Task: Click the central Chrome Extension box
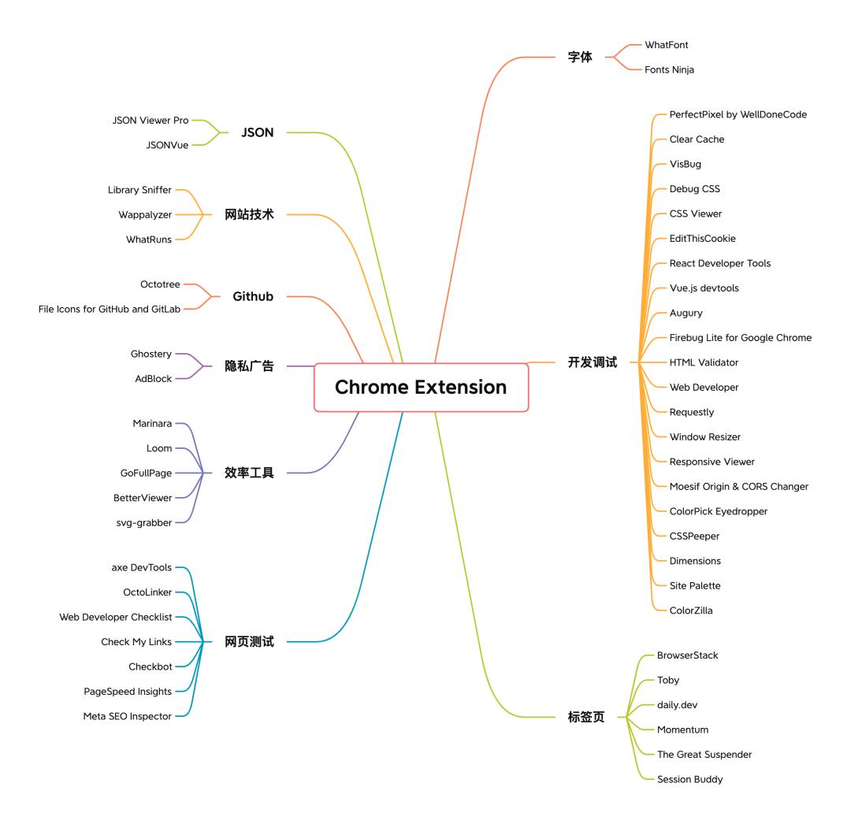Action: point(421,387)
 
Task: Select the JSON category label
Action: point(258,132)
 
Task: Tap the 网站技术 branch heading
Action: point(249,214)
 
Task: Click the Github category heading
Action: point(253,297)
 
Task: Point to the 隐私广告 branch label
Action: point(249,366)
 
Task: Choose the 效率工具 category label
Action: point(249,473)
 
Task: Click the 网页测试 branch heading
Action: point(249,642)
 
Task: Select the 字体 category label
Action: point(580,58)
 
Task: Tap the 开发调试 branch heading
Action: point(593,362)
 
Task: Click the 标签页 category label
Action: point(586,717)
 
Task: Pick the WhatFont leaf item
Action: point(667,45)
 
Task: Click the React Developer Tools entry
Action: point(720,263)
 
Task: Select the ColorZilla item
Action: point(691,611)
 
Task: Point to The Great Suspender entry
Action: point(704,755)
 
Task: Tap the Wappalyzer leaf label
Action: point(145,214)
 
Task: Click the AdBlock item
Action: point(153,379)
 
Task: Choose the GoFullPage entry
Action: point(141,473)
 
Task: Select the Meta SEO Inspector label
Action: point(127,716)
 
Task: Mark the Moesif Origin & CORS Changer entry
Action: point(739,486)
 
